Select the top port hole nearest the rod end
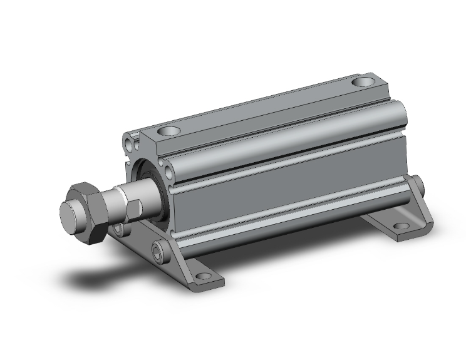pyautogui.click(x=168, y=132)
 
